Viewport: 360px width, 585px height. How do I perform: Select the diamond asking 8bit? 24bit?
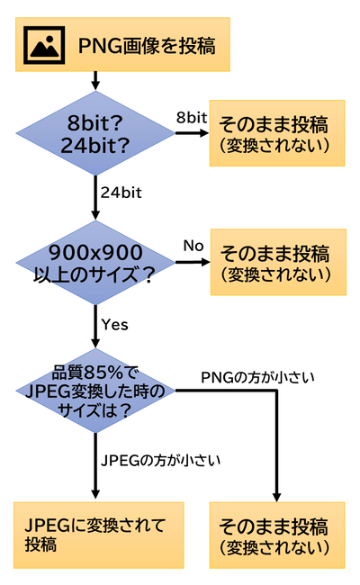94,132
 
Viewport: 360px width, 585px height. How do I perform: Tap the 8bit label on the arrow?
192,118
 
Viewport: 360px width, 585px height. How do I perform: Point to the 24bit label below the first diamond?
121,191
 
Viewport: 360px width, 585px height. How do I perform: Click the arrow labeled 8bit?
191,133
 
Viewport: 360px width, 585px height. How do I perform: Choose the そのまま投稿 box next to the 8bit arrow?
276,132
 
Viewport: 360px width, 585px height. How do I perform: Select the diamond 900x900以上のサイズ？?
94,263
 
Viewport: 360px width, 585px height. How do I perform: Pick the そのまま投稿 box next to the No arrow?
276,262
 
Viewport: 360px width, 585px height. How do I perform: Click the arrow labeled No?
191,263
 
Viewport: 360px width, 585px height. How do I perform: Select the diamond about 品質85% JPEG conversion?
94,391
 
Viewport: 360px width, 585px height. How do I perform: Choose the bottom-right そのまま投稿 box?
276,535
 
